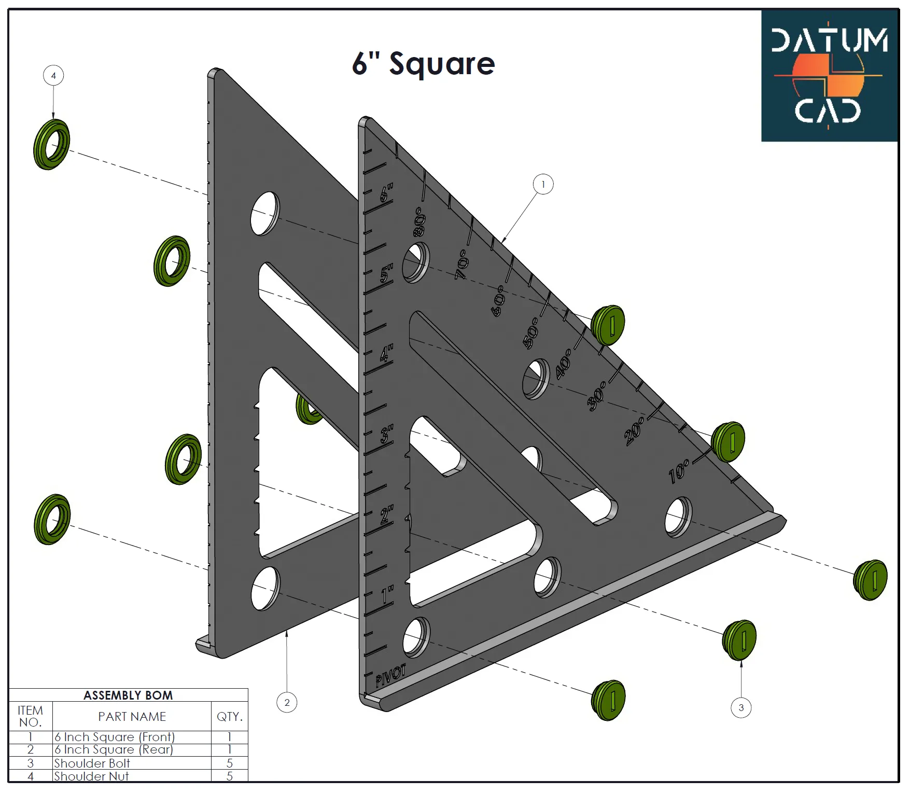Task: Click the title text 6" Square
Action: tap(423, 64)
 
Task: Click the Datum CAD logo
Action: tap(829, 76)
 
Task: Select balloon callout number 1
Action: tap(543, 184)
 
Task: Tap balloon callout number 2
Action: tap(287, 702)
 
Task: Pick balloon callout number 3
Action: tap(740, 707)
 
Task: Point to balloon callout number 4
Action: tap(53, 76)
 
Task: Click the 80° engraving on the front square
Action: tap(419, 222)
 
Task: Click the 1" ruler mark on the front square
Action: tap(387, 595)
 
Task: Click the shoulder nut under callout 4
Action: tap(51, 144)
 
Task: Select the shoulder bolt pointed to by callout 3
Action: tap(739, 639)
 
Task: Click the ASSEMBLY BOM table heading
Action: tap(128, 695)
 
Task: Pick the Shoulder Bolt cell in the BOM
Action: tap(92, 763)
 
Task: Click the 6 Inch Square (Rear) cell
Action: tap(114, 749)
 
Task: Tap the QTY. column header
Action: tap(229, 716)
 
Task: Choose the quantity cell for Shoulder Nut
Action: tap(229, 776)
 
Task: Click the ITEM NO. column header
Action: tap(30, 716)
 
